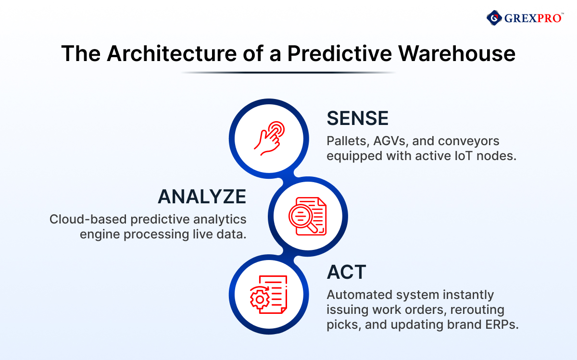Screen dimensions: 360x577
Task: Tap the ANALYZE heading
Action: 202,197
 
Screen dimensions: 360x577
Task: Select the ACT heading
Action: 346,272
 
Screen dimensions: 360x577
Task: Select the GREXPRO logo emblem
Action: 494,18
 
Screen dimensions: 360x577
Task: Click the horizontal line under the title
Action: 288,73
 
